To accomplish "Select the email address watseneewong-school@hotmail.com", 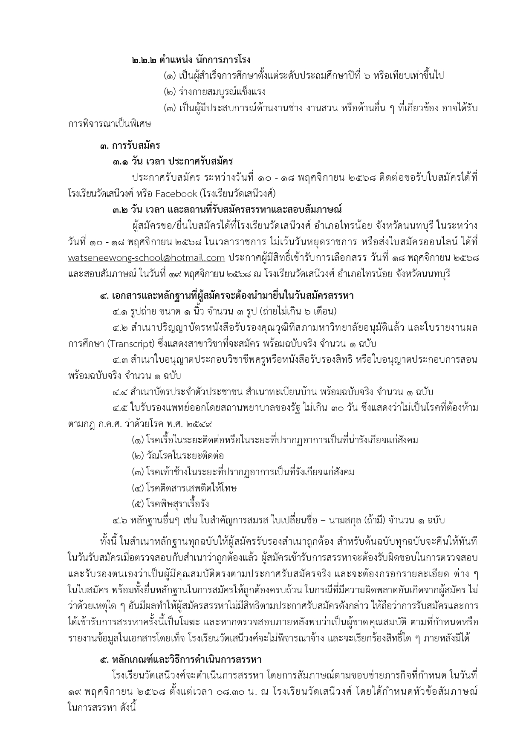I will tap(146, 257).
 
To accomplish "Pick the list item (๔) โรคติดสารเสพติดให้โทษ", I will tap(184, 488).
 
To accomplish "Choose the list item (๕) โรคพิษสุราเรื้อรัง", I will tap(171, 504).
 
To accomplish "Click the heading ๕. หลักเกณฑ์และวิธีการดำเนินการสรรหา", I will tap(180, 659).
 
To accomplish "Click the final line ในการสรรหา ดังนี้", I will tap(101, 708).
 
